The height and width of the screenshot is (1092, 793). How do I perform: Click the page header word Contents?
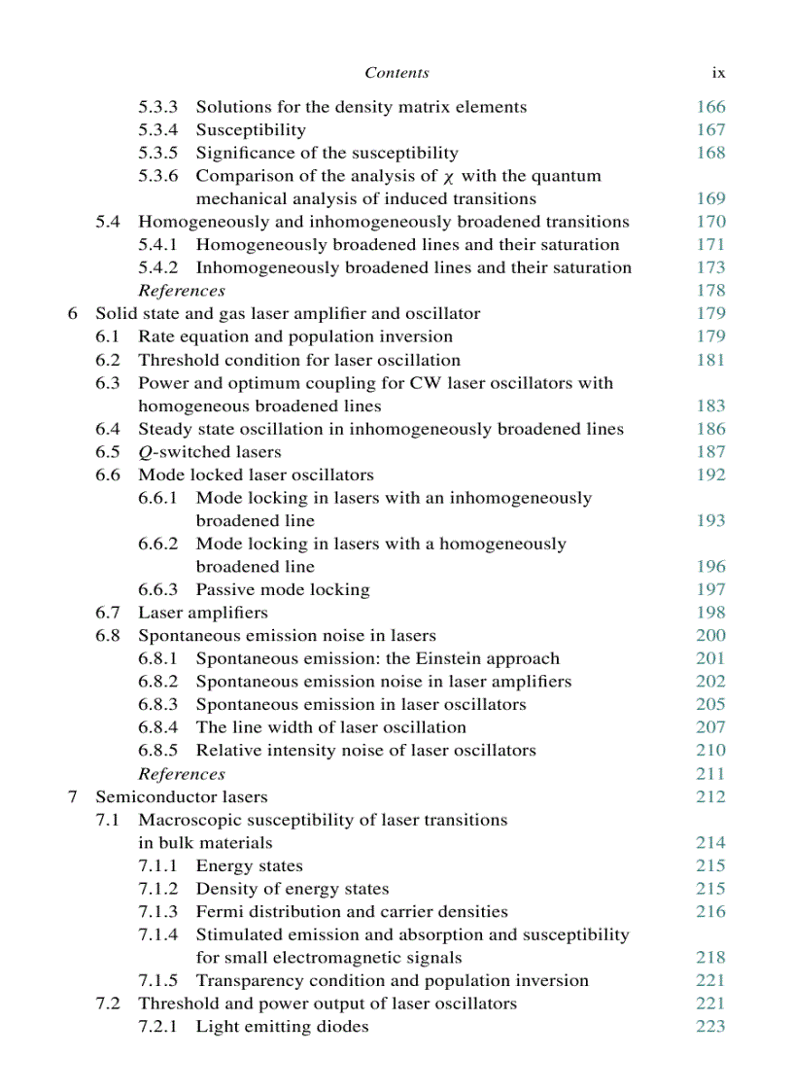tap(396, 73)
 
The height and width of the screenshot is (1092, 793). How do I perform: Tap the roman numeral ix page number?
tap(718, 73)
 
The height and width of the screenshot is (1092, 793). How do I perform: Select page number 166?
tap(710, 107)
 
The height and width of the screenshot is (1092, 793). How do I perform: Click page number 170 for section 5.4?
tap(710, 222)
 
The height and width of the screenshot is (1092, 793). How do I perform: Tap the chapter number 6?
tap(72, 314)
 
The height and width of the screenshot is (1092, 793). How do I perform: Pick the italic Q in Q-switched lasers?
tap(144, 452)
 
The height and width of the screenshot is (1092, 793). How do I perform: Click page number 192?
tap(710, 476)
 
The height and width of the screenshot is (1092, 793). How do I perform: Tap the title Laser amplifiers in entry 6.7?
tap(203, 613)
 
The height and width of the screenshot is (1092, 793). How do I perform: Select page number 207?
tap(710, 727)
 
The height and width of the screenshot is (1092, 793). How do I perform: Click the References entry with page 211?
tap(182, 774)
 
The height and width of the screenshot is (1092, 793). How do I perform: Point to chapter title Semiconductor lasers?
tap(181, 797)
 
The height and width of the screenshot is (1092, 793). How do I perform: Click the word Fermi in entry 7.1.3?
tap(219, 912)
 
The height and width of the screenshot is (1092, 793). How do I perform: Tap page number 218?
tap(710, 958)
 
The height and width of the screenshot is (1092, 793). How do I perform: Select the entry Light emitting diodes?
tap(282, 1027)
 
